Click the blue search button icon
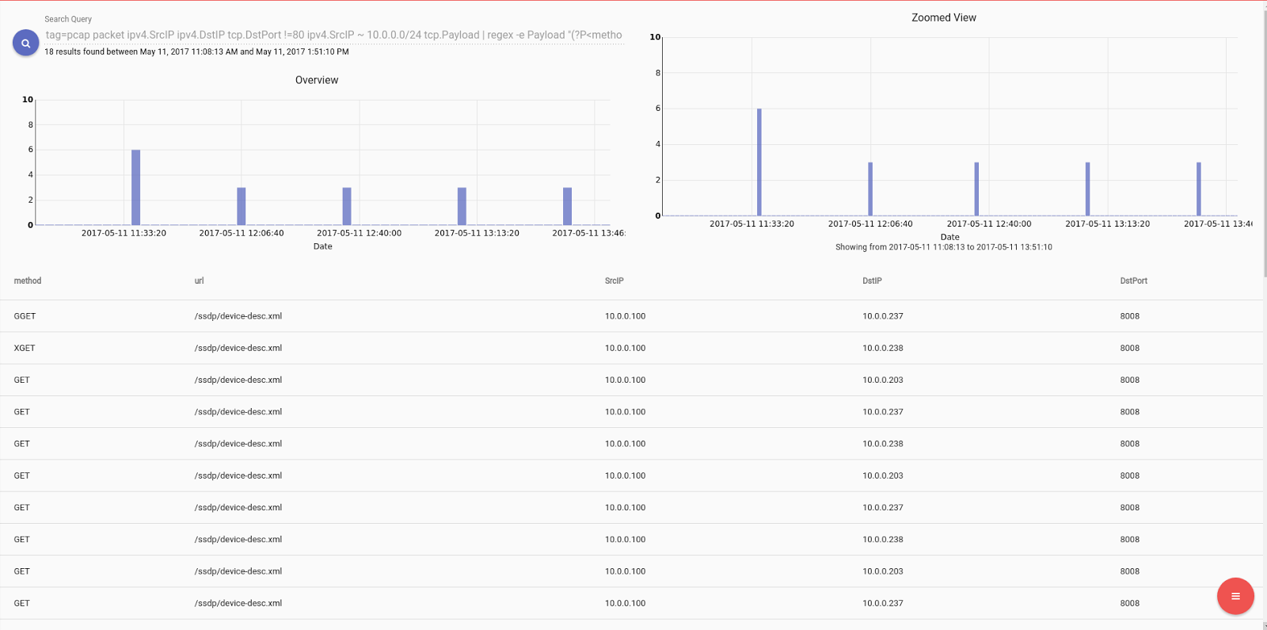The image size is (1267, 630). [x=25, y=43]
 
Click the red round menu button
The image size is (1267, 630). [x=1235, y=596]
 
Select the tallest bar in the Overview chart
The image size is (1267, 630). [x=135, y=187]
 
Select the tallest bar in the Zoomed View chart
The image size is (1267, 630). [x=759, y=162]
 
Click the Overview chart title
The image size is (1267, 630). [x=316, y=80]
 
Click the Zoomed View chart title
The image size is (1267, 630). [x=943, y=17]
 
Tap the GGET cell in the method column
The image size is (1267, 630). [x=25, y=316]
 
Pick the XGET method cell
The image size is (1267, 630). [x=25, y=348]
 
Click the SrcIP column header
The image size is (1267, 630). [x=614, y=281]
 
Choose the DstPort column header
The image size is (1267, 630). [x=1133, y=281]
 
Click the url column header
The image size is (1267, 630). [x=199, y=281]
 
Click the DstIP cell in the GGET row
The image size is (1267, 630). [x=882, y=316]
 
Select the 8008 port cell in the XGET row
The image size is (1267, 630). [x=1129, y=348]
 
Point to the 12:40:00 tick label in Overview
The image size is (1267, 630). [x=359, y=233]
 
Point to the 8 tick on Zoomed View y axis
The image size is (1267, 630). [x=657, y=73]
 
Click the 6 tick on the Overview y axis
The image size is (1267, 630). [x=31, y=150]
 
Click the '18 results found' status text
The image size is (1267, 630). [x=196, y=52]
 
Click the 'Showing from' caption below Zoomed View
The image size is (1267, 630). [x=943, y=247]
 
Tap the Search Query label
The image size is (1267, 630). [x=68, y=19]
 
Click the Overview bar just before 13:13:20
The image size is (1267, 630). [x=462, y=206]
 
